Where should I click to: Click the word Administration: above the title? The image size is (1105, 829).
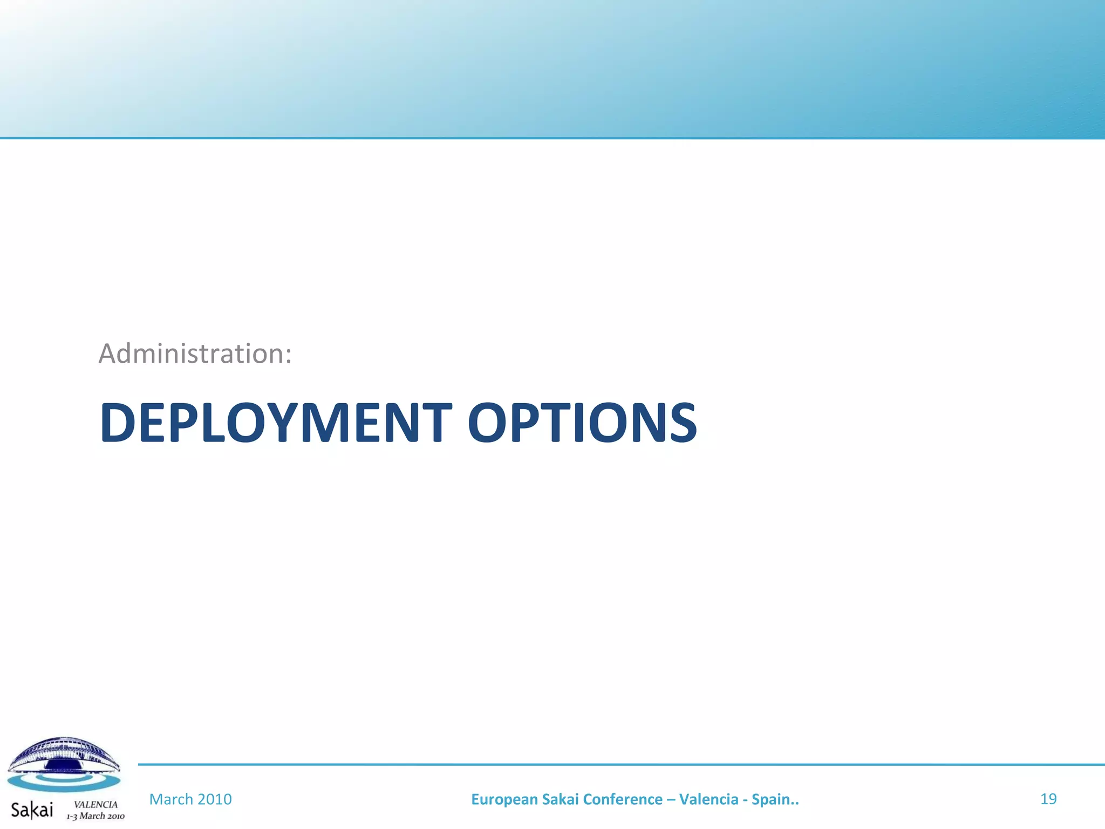pos(195,354)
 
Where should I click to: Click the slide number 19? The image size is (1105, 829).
pos(1048,799)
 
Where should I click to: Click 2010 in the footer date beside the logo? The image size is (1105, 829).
pos(214,799)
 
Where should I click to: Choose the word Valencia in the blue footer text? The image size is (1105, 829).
pos(708,799)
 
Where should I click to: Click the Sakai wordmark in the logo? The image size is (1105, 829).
pos(32,810)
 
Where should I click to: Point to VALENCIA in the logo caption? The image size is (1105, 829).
pos(96,804)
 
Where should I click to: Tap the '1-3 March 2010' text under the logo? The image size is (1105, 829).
pos(96,816)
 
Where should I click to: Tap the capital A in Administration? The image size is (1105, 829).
pos(108,354)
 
